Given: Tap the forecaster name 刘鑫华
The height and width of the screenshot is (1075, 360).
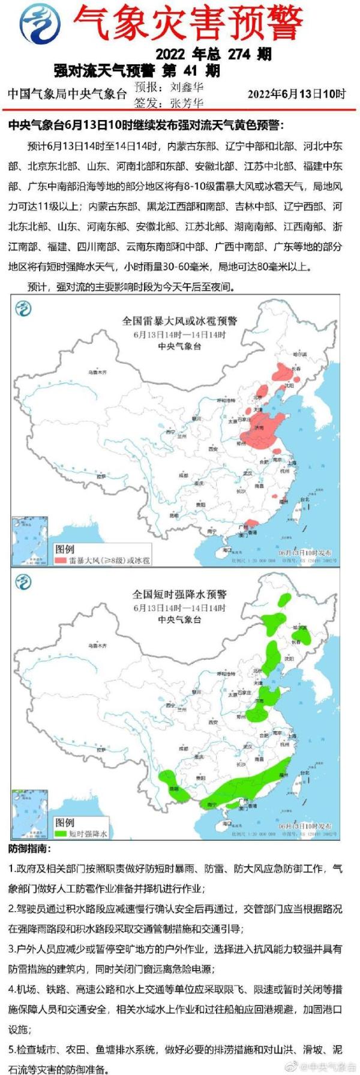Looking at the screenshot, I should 187,86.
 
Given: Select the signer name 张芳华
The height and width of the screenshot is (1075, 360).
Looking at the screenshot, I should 187,103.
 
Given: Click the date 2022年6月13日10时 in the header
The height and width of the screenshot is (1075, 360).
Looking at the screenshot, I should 296,94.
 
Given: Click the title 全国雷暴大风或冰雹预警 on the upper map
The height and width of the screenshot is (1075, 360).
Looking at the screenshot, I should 179,322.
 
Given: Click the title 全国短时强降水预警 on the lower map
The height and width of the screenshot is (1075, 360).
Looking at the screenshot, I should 179,594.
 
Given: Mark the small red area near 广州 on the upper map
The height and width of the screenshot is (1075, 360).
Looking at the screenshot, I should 247,524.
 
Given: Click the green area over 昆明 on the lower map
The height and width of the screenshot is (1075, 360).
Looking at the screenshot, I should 172,786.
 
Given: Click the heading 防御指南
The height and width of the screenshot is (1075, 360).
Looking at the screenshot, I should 30,849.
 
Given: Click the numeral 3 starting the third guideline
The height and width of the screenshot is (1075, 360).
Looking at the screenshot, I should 12,949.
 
